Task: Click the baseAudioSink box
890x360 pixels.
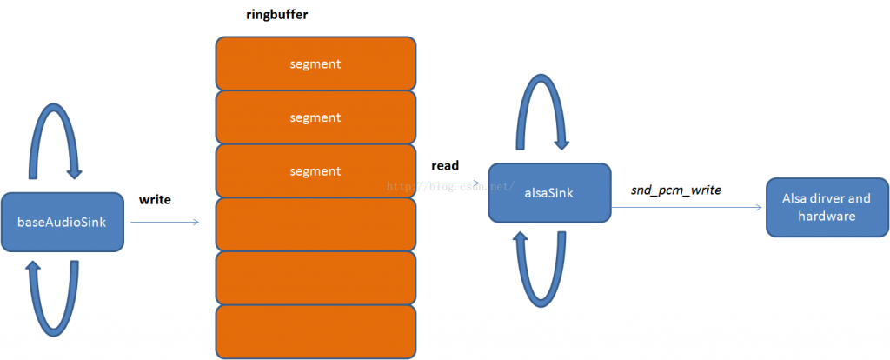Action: pos(63,222)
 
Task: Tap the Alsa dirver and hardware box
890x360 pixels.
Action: pos(827,206)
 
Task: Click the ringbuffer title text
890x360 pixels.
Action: pos(276,15)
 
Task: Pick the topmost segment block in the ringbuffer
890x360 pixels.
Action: pos(315,63)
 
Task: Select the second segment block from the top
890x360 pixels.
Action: pos(315,117)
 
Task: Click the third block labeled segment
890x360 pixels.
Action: pos(315,171)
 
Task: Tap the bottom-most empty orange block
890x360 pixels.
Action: pos(315,332)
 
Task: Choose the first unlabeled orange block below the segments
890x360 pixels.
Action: pos(315,224)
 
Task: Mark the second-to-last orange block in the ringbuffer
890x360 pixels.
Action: pos(315,278)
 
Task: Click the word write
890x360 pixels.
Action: pos(155,199)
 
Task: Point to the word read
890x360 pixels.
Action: pos(445,164)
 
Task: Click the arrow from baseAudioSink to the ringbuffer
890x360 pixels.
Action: pos(164,223)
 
